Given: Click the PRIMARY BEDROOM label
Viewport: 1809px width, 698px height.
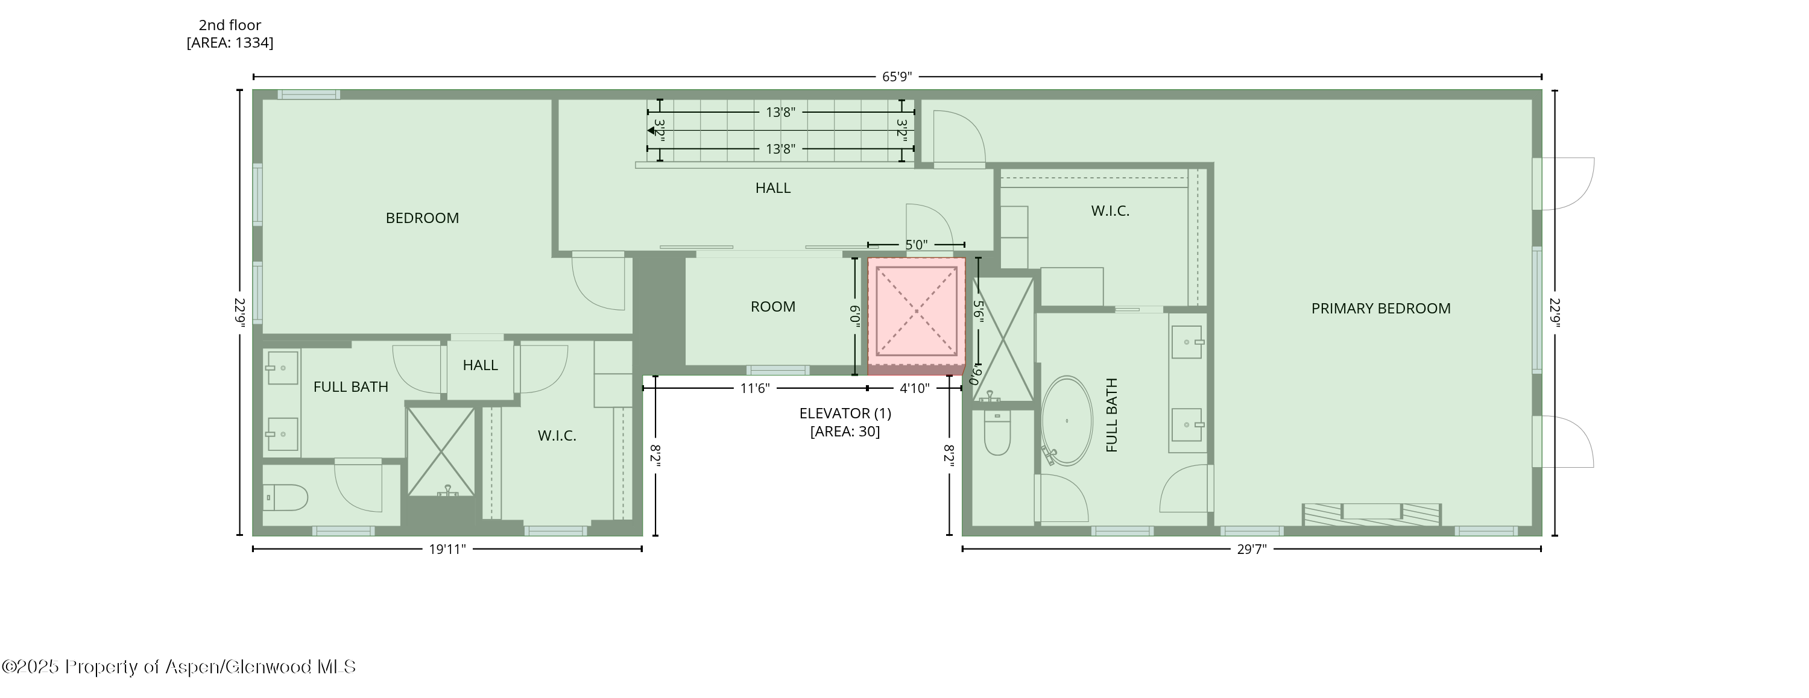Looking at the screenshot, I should click(x=1380, y=308).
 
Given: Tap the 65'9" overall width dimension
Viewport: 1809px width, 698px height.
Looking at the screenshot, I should click(x=897, y=77).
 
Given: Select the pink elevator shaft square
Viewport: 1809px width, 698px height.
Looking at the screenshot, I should click(x=916, y=311).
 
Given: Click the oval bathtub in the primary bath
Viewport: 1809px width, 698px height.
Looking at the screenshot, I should click(x=1066, y=421).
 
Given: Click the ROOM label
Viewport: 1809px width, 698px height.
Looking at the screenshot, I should click(x=772, y=307).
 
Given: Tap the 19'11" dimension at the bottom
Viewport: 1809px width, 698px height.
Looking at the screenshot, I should click(x=447, y=549).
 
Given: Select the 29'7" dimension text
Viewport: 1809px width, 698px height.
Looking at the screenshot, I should click(x=1251, y=549).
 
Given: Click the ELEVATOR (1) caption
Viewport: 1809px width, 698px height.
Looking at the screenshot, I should click(x=845, y=413).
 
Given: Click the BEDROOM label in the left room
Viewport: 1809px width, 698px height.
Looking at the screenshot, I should click(x=422, y=218).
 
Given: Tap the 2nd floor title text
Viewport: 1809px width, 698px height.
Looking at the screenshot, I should click(x=230, y=25).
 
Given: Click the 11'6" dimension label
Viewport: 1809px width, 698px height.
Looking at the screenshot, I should click(x=755, y=388).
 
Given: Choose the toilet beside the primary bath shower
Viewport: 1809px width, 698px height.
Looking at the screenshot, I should click(x=997, y=434).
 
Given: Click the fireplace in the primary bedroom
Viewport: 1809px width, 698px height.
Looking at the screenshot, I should click(x=1371, y=514).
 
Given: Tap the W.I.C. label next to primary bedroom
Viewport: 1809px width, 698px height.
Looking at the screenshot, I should click(x=1110, y=210).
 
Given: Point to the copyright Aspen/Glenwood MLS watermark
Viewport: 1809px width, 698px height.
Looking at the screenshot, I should click(x=179, y=667).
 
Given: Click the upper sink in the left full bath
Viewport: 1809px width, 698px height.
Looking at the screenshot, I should click(x=282, y=368).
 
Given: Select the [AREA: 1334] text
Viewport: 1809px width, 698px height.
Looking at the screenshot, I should click(x=230, y=43).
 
